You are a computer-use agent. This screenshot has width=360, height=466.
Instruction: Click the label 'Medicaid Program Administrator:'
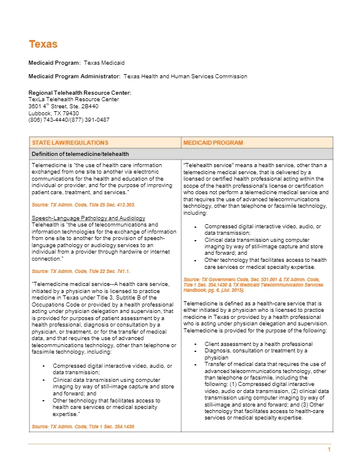[x=74, y=76]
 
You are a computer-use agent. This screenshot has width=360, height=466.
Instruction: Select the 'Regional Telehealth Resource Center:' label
[x=79, y=93]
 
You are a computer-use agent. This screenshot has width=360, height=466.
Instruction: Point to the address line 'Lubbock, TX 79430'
[x=54, y=113]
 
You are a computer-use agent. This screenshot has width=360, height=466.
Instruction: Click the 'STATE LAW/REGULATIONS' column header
[x=70, y=143]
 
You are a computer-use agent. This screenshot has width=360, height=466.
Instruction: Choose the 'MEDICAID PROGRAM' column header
[x=209, y=143]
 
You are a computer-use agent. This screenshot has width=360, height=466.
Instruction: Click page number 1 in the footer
[x=329, y=450]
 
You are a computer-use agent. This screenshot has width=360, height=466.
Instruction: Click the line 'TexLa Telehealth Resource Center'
[x=74, y=99]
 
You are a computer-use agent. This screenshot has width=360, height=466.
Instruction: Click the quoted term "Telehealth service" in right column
[x=205, y=165]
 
